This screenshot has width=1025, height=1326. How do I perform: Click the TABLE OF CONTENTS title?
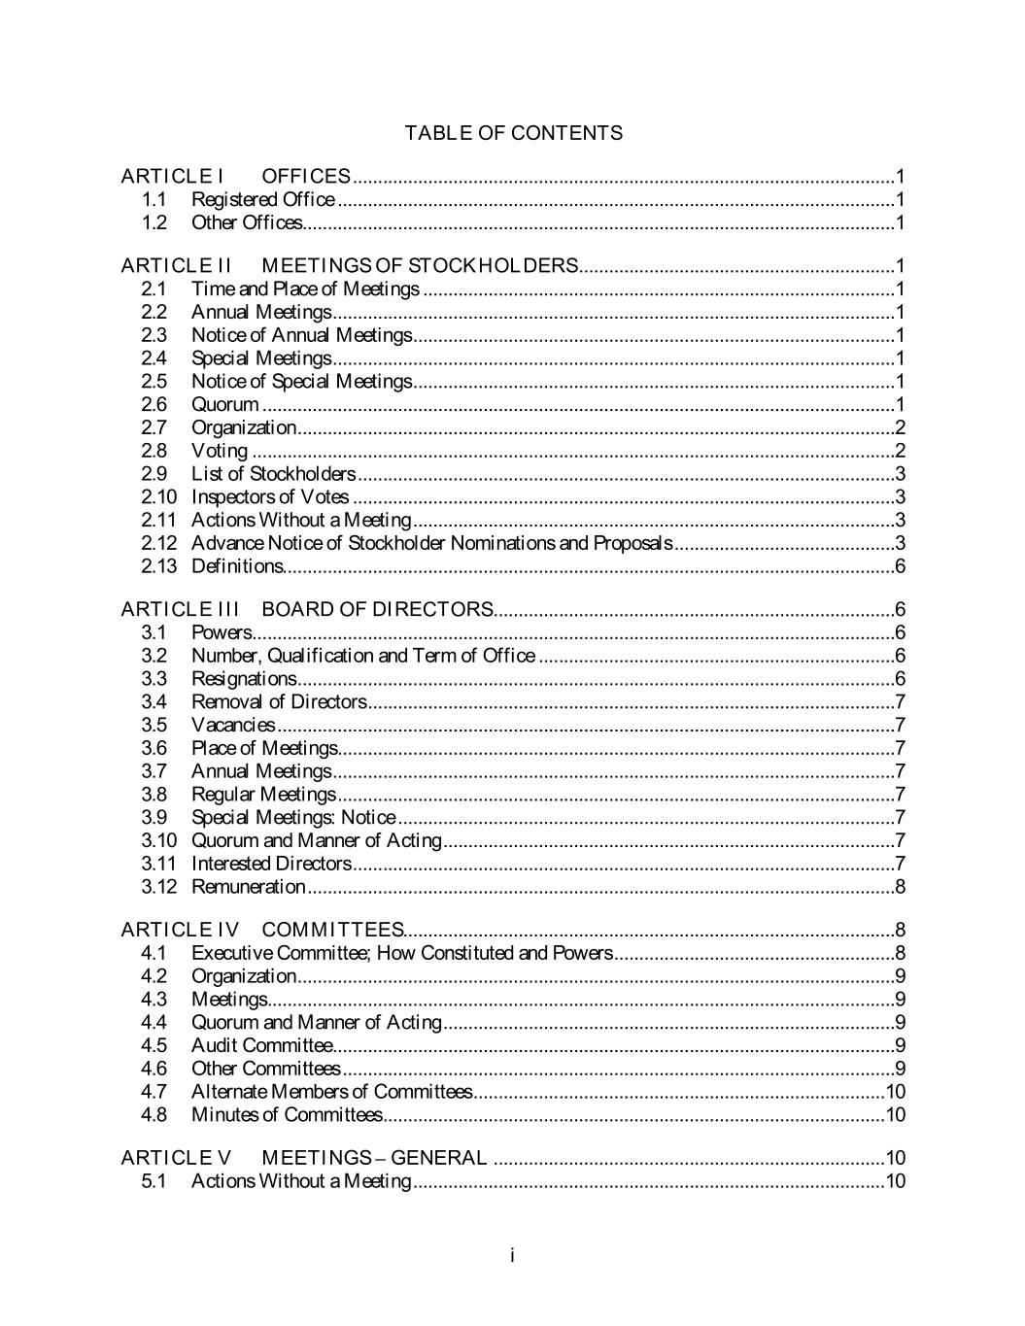tap(513, 133)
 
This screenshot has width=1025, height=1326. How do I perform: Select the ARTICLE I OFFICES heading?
tap(235, 176)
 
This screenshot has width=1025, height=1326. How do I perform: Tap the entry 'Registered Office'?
tap(262, 199)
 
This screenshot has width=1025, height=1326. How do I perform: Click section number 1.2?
tap(154, 222)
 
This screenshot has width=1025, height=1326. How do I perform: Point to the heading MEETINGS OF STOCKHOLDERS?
tap(420, 265)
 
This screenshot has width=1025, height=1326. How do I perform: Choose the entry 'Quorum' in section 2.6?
tap(224, 404)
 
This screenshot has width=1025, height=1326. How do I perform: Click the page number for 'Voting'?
tap(900, 451)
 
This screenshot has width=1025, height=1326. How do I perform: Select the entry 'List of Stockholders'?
tap(273, 474)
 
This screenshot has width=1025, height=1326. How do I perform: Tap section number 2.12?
tap(158, 543)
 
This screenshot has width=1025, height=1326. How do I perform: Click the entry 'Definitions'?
tap(236, 566)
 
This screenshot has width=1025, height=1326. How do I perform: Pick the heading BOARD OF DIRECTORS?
tap(377, 609)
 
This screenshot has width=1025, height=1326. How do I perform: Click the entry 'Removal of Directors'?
tap(279, 701)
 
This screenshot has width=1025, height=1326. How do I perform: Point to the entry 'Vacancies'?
tap(233, 725)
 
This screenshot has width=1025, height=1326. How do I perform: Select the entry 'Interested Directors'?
tap(271, 864)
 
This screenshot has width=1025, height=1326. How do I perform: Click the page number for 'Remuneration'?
tap(900, 887)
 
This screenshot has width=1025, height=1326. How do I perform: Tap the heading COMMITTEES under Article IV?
tap(332, 930)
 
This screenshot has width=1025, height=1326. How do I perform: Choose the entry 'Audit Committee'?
tap(261, 1045)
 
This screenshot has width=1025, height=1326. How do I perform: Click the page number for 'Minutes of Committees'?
tap(895, 1114)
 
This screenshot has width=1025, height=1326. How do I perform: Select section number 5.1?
tap(154, 1181)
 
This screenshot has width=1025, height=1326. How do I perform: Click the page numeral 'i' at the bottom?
tap(512, 1256)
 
